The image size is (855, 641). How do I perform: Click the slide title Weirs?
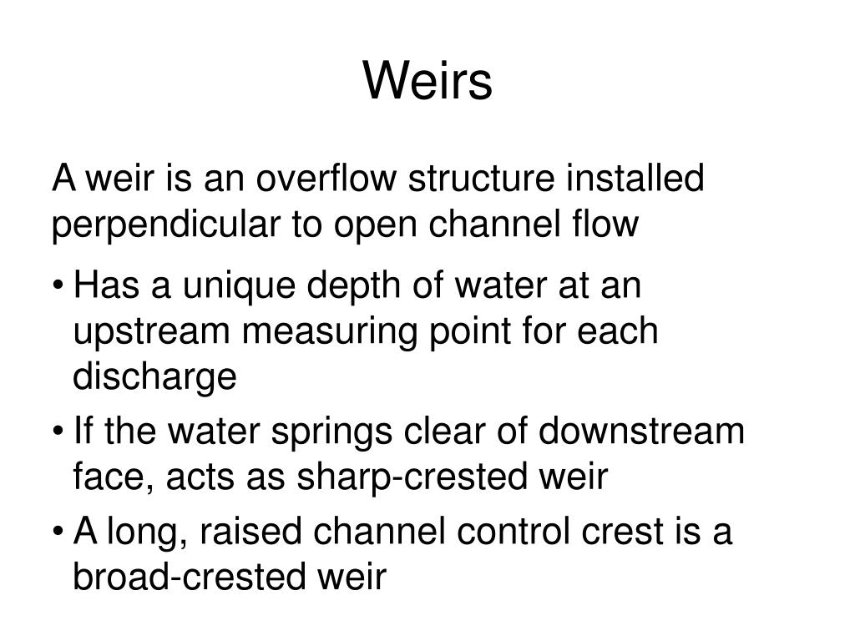[427, 82]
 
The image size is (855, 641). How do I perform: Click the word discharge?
[155, 377]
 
